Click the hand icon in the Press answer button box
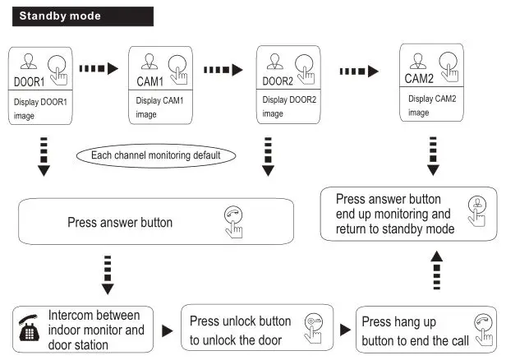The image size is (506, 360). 233,222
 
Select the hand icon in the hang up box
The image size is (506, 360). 481,328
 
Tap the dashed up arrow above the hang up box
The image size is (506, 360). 436,272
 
